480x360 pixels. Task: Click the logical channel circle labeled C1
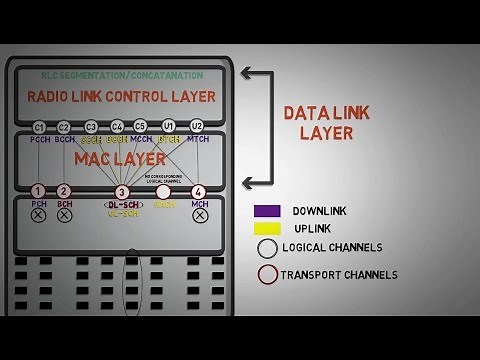[39, 127]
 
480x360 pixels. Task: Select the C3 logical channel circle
[91, 127]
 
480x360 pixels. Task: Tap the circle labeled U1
[169, 127]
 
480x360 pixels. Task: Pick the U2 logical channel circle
[197, 127]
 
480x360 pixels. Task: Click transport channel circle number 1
[38, 191]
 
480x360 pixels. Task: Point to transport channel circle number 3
[122, 192]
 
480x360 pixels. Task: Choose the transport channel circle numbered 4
[198, 191]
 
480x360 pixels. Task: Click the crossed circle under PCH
[38, 213]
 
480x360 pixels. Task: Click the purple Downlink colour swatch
[267, 211]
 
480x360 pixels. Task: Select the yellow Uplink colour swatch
[267, 228]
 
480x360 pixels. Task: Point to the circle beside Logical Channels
[267, 248]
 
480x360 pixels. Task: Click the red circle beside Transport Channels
[267, 274]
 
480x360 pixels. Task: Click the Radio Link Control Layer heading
[121, 97]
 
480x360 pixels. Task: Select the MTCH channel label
[198, 140]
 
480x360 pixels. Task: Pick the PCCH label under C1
[40, 140]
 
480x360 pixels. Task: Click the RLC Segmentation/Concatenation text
[121, 75]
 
